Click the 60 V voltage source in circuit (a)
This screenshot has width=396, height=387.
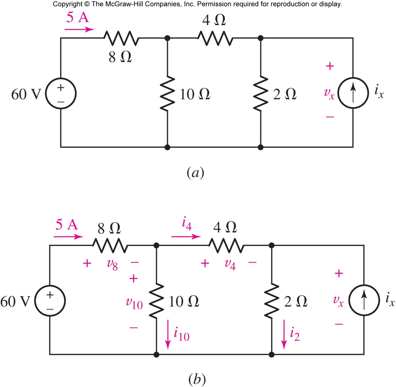61,93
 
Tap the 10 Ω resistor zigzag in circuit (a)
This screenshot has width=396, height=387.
167,93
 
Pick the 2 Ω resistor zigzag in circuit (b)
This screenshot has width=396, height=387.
271,301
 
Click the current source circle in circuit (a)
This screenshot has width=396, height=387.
353,93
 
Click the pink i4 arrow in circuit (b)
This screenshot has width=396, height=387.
186,236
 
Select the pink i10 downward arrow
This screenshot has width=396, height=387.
168,334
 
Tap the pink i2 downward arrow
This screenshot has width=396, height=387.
284,334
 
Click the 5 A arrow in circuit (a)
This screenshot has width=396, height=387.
79,29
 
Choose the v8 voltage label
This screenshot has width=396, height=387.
112,264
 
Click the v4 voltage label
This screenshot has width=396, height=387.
230,264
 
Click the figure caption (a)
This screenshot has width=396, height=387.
195,172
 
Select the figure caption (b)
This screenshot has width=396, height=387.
197,379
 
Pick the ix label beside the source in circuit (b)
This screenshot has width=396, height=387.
390,300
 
